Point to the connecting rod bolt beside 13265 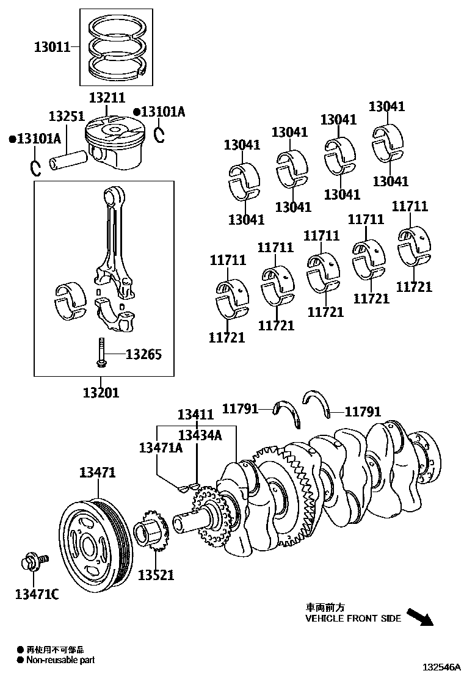pyautogui.click(x=101, y=354)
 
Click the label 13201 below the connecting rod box pyautogui.click(x=101, y=392)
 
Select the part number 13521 pyautogui.click(x=156, y=575)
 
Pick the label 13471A pyautogui.click(x=161, y=448)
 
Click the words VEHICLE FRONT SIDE pyautogui.click(x=353, y=618)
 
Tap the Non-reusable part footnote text pyautogui.click(x=60, y=659)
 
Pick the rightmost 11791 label pyautogui.click(x=363, y=412)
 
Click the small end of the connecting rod pyautogui.click(x=113, y=197)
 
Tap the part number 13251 pyautogui.click(x=67, y=116)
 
